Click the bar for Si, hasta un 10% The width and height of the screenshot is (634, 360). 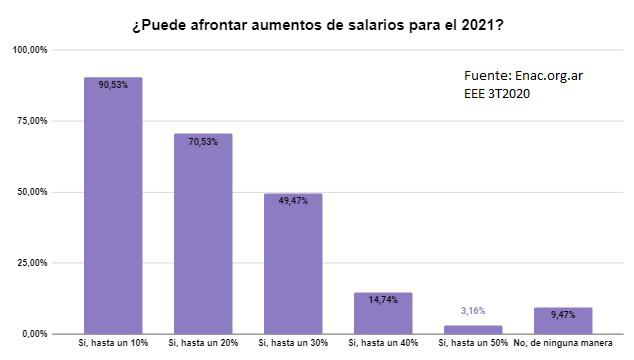113,205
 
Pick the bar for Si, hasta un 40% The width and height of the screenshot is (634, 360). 383,313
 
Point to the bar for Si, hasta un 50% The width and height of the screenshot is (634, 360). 473,329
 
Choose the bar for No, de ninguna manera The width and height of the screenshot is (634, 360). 563,320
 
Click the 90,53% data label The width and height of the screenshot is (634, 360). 113,85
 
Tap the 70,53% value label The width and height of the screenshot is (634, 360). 203,142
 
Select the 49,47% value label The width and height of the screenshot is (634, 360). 293,201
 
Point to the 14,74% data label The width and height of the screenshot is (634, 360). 383,299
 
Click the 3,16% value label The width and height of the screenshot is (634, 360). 473,311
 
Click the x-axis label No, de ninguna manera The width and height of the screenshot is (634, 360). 563,345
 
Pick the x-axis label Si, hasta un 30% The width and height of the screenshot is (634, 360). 293,345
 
